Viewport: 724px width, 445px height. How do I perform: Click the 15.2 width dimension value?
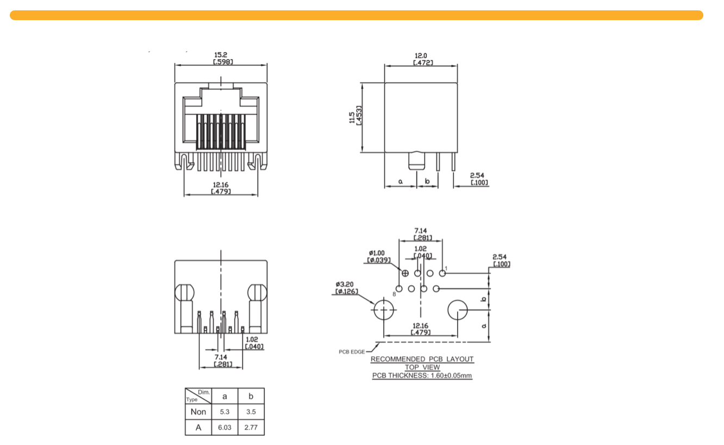[221, 55]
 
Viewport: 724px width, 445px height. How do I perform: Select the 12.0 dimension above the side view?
[421, 56]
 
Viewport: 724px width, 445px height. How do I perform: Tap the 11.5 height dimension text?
[352, 118]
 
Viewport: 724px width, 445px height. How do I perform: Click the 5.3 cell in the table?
[224, 412]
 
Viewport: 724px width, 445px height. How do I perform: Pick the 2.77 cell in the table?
[251, 428]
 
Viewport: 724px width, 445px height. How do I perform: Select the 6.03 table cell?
[224, 428]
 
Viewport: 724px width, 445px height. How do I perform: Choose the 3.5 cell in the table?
[251, 412]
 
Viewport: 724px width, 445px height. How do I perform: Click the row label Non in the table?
[198, 412]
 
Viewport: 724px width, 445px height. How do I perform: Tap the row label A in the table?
[198, 428]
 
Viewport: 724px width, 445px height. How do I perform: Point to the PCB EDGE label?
[352, 352]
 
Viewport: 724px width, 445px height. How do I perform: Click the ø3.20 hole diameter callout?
[345, 285]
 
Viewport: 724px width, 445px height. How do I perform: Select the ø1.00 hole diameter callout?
[377, 253]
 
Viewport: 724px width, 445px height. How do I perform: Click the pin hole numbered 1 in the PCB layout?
[442, 273]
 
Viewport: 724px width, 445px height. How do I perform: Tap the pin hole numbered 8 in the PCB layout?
[399, 288]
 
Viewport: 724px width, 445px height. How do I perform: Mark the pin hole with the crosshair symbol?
[405, 273]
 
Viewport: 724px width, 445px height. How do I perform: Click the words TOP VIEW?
[422, 367]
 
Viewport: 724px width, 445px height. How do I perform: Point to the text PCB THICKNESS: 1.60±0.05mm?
[422, 375]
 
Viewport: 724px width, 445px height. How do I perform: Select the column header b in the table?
[251, 396]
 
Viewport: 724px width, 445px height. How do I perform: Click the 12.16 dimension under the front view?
[221, 185]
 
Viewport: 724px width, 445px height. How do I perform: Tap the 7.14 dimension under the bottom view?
[221, 357]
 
